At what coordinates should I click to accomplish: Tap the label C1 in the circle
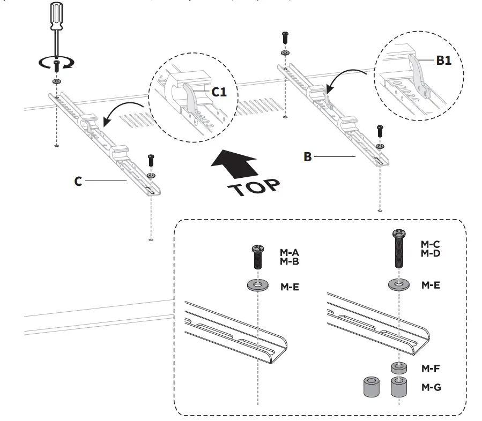click(x=219, y=92)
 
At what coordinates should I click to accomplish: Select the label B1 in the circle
click(x=443, y=61)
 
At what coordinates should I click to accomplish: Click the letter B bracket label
click(x=307, y=157)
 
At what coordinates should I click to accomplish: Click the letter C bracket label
click(x=78, y=182)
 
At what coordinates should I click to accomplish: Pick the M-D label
click(x=431, y=253)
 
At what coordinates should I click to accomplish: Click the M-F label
click(x=431, y=369)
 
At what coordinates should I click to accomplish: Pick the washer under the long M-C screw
click(x=399, y=284)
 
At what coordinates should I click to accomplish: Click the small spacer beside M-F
click(x=398, y=368)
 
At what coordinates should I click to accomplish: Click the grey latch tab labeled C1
click(x=189, y=97)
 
